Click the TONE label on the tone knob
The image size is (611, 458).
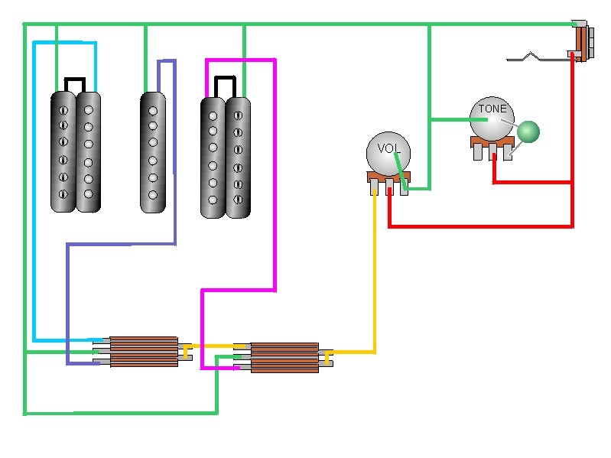coord(492,109)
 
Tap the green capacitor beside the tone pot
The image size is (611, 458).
coord(528,132)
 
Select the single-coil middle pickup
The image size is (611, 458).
coord(152,151)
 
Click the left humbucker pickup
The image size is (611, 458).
coord(76,151)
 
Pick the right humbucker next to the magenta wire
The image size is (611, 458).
coord(226,157)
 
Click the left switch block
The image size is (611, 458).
coord(144,351)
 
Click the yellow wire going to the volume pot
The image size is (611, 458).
coord(375,275)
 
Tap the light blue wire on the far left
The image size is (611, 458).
coord(34,191)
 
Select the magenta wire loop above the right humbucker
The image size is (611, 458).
coord(240,60)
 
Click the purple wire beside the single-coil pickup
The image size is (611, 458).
coord(175,153)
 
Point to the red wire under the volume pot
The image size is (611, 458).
coord(482,226)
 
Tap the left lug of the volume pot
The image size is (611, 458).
coord(374,188)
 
